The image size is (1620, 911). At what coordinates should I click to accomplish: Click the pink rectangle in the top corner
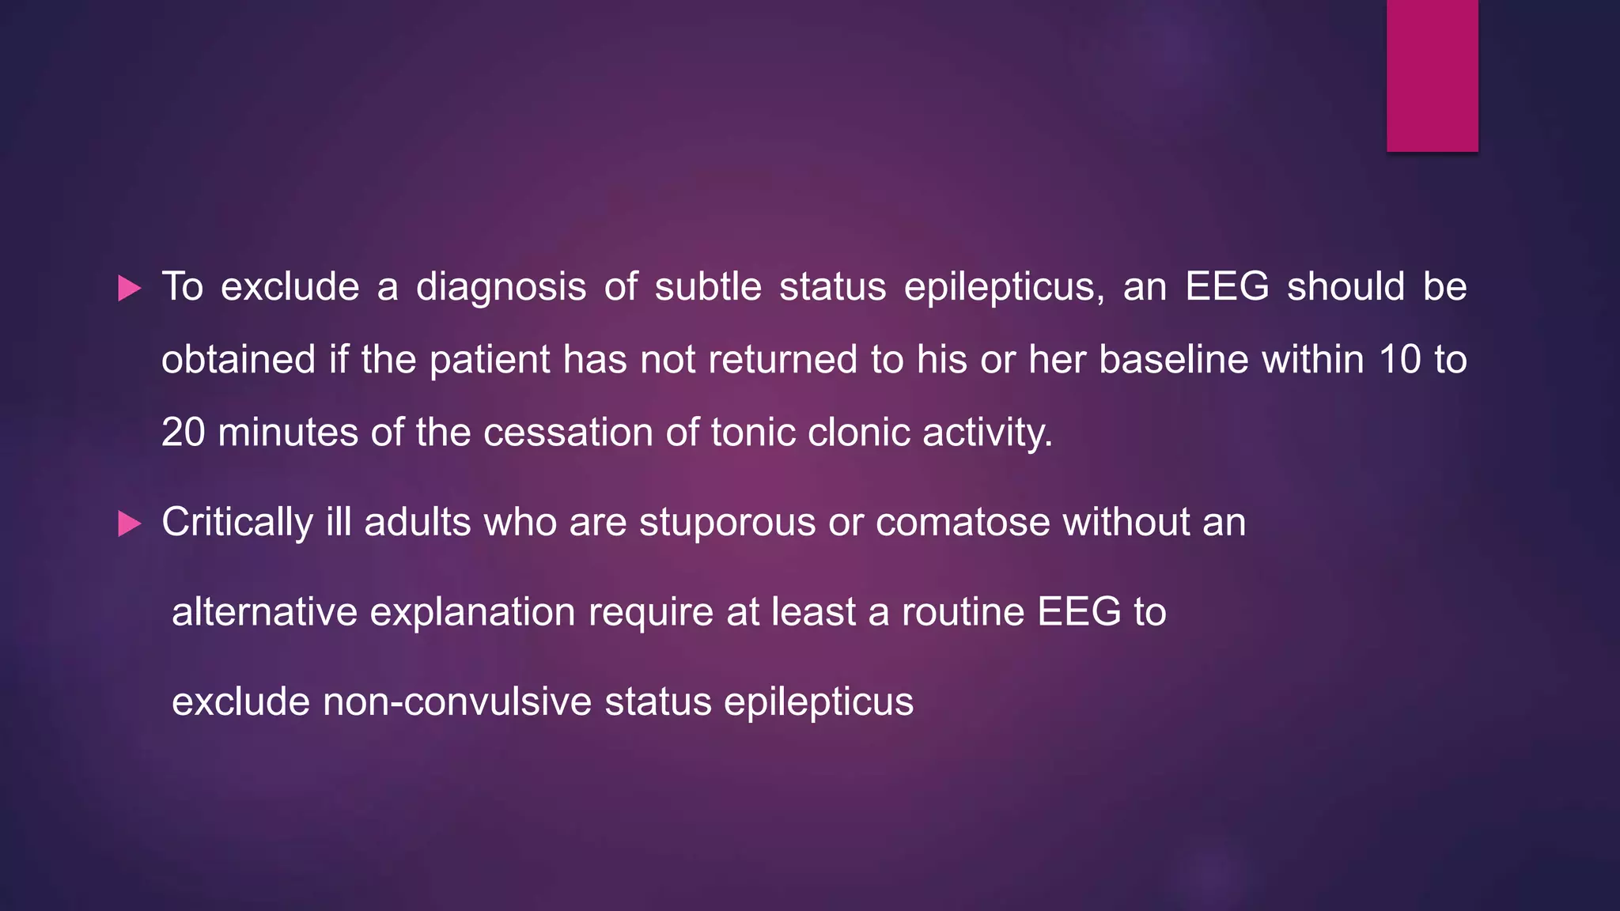point(1432,75)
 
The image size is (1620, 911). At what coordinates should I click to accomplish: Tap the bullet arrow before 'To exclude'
point(129,289)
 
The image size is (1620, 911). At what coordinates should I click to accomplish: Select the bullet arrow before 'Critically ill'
point(129,524)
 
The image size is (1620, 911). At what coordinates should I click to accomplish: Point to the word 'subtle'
point(708,286)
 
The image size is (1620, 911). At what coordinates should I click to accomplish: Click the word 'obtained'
point(238,361)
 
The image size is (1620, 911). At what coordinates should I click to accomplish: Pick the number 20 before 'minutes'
point(183,433)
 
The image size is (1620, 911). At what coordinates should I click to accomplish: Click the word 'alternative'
point(264,612)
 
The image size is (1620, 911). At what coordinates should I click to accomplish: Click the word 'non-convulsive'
point(457,701)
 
